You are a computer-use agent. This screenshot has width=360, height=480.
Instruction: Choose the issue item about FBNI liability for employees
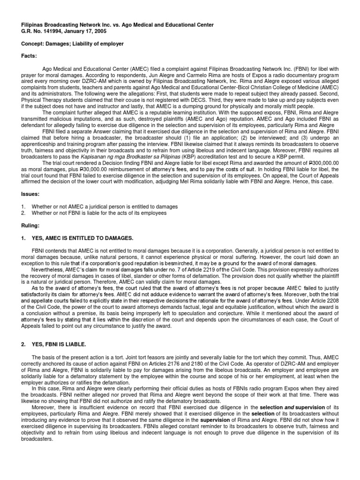coord(98,213)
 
